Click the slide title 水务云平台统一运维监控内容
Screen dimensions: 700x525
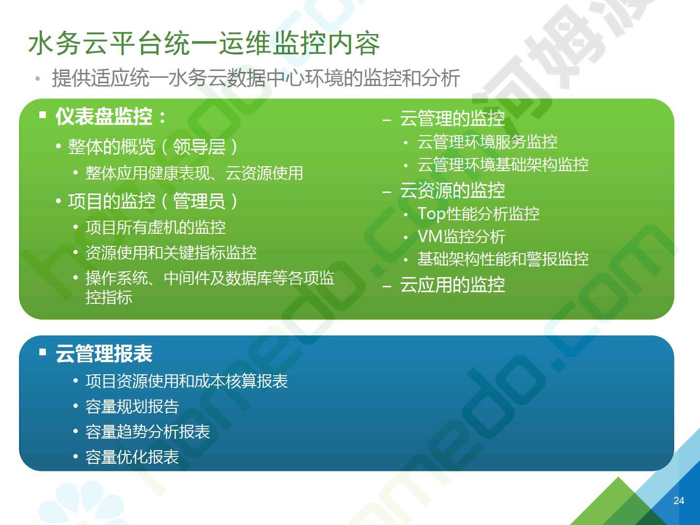click(x=204, y=43)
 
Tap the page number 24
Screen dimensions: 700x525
click(x=679, y=501)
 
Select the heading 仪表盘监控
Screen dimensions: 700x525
click(x=104, y=116)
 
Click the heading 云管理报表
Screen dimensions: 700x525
click(x=104, y=353)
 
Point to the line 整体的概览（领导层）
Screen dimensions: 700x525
click(x=153, y=147)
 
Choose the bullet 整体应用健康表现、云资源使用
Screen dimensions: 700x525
click(x=194, y=173)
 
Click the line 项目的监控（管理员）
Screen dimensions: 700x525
click(x=153, y=201)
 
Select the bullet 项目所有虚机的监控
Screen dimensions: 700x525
click(x=155, y=227)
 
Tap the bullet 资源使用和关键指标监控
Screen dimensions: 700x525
click(x=171, y=252)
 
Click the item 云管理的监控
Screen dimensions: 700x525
click(x=453, y=118)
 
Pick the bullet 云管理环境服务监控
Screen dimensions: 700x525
click(x=487, y=142)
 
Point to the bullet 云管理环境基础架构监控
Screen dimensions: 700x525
click(x=503, y=165)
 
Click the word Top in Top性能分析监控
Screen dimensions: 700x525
click(x=431, y=213)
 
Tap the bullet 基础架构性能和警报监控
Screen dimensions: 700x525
click(x=503, y=259)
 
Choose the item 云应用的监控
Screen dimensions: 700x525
click(x=453, y=284)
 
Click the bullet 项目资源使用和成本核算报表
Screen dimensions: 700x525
click(x=187, y=381)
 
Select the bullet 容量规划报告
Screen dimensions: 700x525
click(x=132, y=406)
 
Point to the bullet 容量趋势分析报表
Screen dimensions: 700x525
click(x=148, y=432)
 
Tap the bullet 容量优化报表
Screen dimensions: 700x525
click(x=132, y=457)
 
